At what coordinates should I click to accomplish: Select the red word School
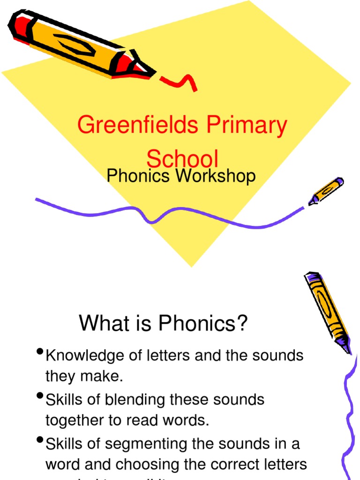[x=182, y=158]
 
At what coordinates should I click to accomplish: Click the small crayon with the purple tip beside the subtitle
[x=326, y=190]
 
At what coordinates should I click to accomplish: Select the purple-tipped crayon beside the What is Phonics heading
[x=327, y=311]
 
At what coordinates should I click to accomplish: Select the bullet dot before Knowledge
[x=39, y=352]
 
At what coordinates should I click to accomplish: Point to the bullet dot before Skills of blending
[x=39, y=397]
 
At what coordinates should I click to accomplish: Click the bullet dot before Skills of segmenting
[x=39, y=440]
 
